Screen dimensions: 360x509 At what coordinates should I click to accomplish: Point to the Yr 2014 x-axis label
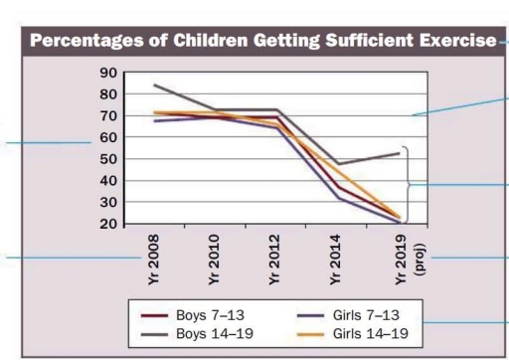339,260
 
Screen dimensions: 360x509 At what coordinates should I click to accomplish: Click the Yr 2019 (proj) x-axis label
406,260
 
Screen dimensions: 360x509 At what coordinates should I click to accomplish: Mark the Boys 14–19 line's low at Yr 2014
339,164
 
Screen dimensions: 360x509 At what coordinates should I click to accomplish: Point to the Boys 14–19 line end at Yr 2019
401,153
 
